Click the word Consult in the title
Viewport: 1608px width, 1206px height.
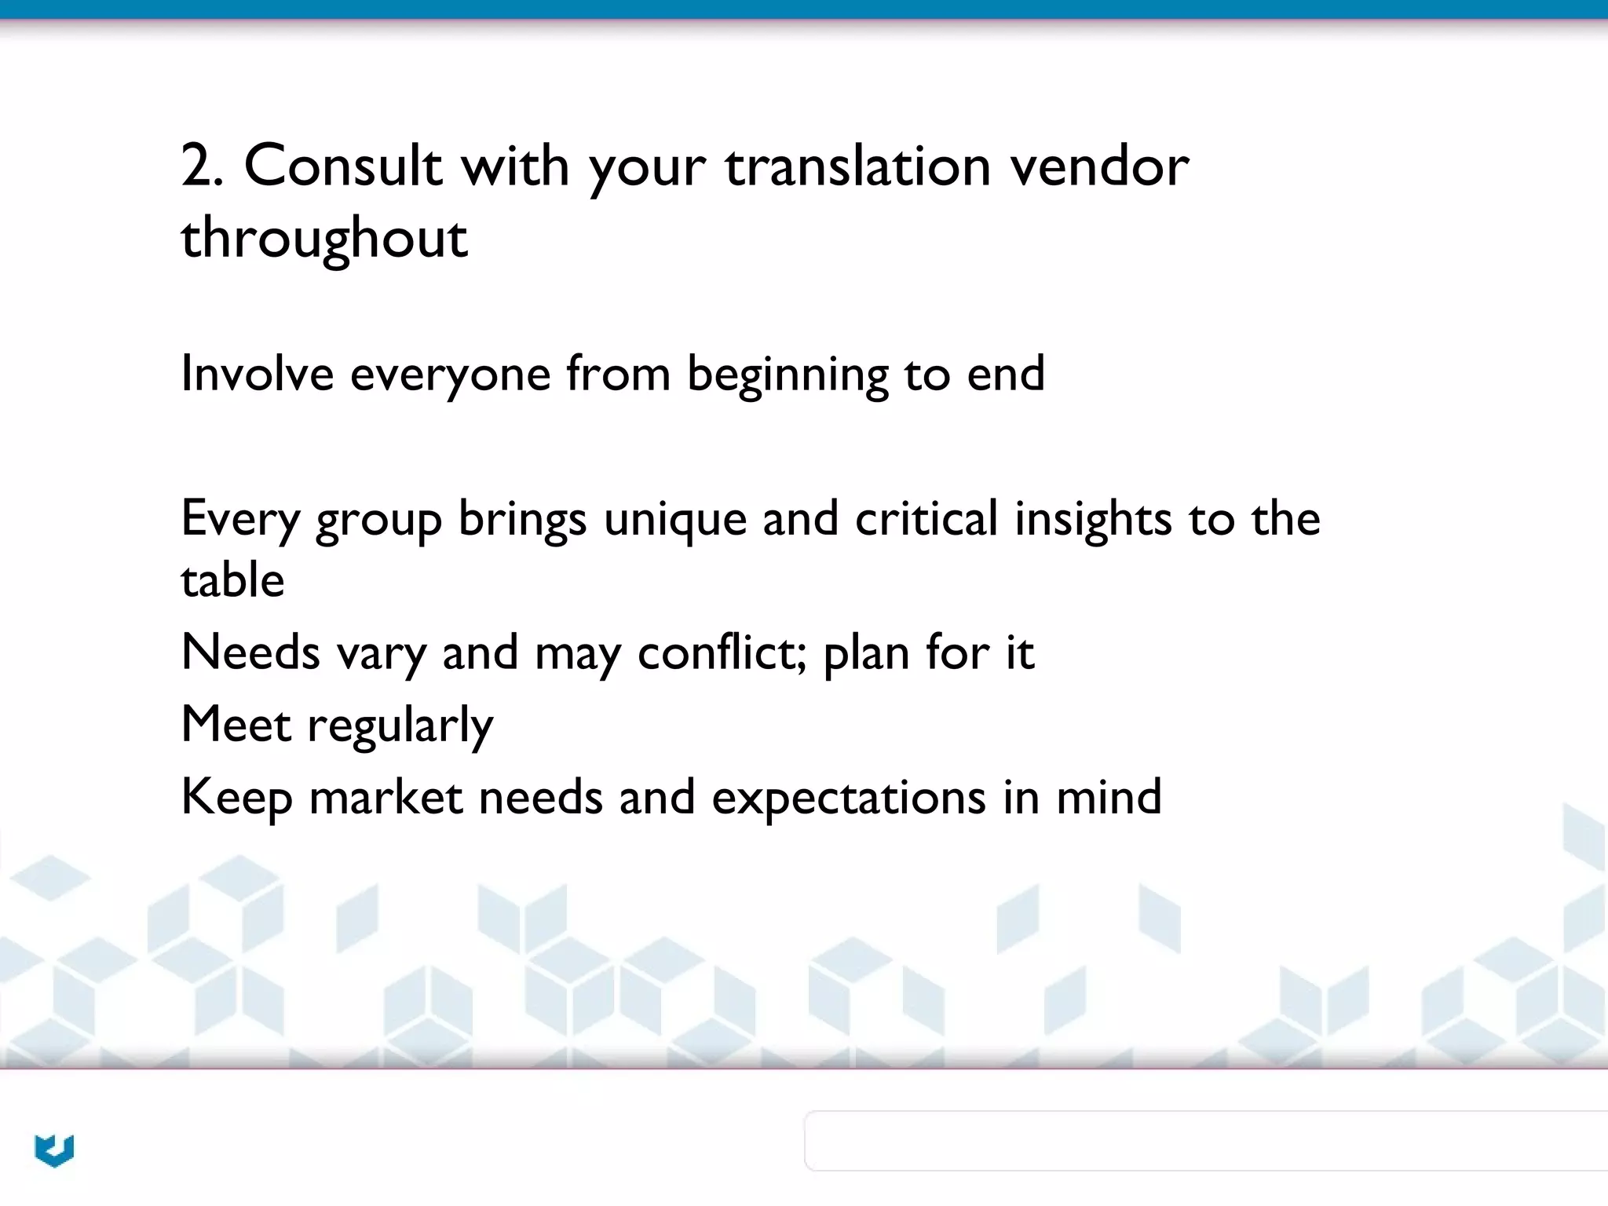pyautogui.click(x=342, y=166)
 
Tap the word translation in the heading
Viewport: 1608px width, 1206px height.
pyautogui.click(x=857, y=166)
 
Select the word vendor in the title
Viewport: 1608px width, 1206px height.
pyautogui.click(x=1099, y=166)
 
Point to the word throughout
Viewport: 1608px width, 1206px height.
pyautogui.click(x=324, y=238)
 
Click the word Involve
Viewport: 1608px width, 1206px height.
pyautogui.click(x=257, y=373)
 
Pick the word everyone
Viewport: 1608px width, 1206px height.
pyautogui.click(x=450, y=375)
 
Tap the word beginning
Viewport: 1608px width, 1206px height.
pyautogui.click(x=788, y=375)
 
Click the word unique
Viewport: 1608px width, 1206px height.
pyautogui.click(x=674, y=520)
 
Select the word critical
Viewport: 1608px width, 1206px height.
pyautogui.click(x=926, y=518)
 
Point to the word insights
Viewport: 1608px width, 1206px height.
pyautogui.click(x=1093, y=520)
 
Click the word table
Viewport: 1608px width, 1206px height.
pyautogui.click(x=232, y=580)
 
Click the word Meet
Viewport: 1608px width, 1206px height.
pyautogui.click(x=236, y=724)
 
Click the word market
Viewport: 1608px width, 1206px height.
pyautogui.click(x=386, y=797)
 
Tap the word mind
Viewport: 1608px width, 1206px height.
pyautogui.click(x=1109, y=797)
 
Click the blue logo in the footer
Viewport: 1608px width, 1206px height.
pyautogui.click(x=54, y=1150)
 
